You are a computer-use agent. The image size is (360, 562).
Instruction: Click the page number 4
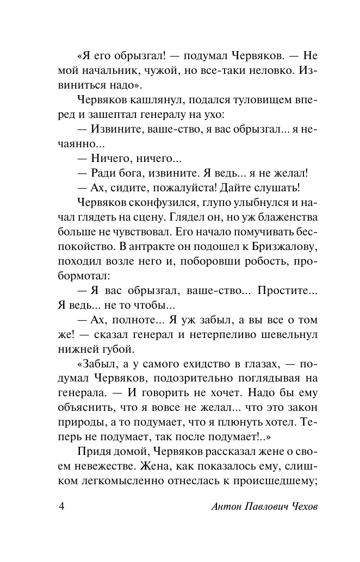coord(61,506)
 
